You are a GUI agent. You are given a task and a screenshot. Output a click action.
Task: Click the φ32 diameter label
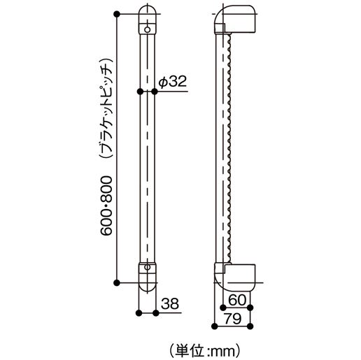pyautogui.click(x=171, y=81)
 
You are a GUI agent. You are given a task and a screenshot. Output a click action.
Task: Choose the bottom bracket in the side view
pyautogui.click(x=238, y=275)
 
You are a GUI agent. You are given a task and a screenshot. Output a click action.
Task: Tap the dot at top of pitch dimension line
pyautogui.click(x=118, y=13)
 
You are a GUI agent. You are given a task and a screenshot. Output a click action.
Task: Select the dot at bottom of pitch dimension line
pyautogui.click(x=118, y=282)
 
